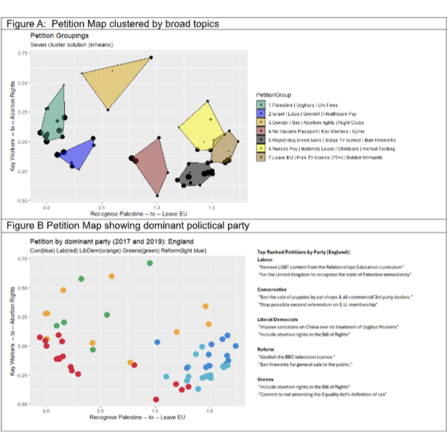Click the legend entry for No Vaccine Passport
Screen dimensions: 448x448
tap(309, 131)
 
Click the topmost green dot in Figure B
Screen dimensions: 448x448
tap(150, 263)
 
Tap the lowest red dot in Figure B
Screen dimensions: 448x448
tap(156, 399)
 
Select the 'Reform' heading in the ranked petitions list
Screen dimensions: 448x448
tap(265, 350)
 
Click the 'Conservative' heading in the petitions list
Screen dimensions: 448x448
tap(272, 289)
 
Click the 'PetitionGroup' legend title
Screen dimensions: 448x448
tap(273, 95)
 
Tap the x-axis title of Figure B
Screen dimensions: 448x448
tap(137, 417)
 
